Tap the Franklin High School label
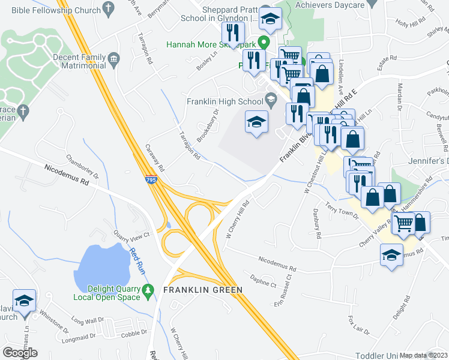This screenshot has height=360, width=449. (x=224, y=101)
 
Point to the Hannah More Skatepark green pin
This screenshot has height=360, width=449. (x=263, y=43)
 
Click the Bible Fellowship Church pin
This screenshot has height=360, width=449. (x=108, y=8)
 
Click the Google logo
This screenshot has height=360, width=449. (x=20, y=352)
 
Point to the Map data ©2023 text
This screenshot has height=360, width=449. (x=424, y=355)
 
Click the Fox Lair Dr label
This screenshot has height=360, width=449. (x=359, y=325)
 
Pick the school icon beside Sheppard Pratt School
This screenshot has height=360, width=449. (x=271, y=20)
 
